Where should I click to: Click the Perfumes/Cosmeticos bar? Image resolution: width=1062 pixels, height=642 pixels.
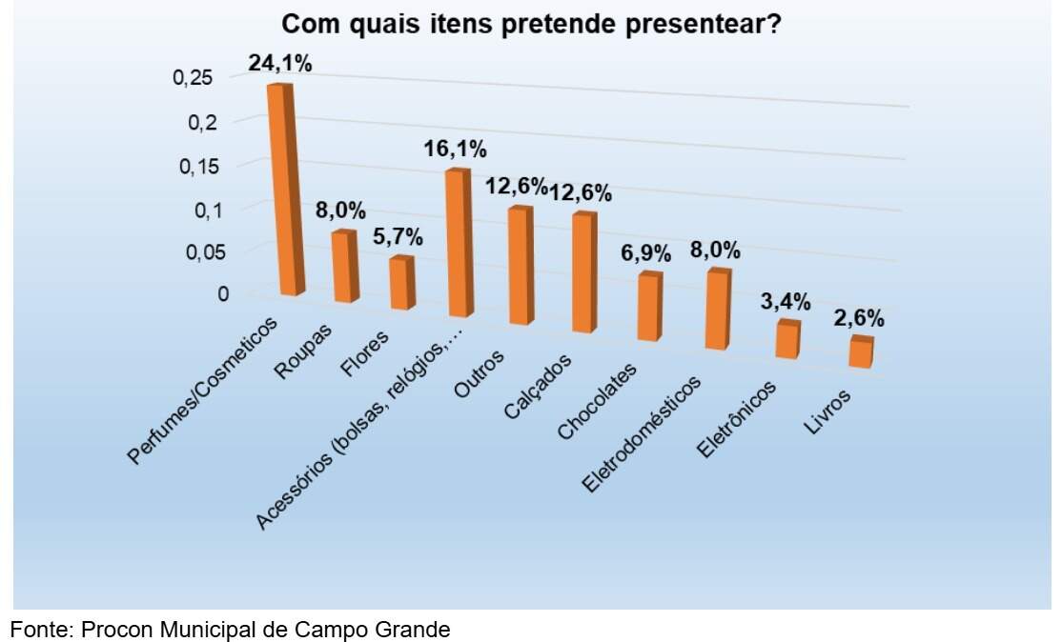coord(282,190)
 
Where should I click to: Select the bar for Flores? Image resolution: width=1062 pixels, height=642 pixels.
coord(401,283)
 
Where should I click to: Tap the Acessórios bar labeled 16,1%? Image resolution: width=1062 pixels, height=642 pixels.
coord(459,242)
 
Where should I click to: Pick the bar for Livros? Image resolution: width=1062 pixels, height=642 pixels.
coord(862,351)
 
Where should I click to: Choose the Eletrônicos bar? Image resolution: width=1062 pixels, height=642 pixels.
coord(788,339)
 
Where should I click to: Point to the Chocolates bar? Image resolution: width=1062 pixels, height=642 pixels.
coord(650,307)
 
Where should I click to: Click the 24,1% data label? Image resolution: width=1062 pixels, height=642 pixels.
coord(279,63)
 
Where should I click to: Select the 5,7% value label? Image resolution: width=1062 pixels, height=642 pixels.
coord(398,237)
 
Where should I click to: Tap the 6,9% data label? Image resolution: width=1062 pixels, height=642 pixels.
coord(646,253)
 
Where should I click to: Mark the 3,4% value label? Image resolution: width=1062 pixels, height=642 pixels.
coord(786,301)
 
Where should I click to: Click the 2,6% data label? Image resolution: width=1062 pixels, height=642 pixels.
coord(859,318)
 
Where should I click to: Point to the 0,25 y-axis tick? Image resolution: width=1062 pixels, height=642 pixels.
coord(193,78)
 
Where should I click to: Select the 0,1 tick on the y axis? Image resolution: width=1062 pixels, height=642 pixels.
coord(207,211)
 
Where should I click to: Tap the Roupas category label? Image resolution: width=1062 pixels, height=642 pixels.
coord(304,351)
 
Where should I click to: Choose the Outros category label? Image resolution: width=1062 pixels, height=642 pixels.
coord(480,374)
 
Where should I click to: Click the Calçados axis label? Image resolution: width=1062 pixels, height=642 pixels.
coord(539,387)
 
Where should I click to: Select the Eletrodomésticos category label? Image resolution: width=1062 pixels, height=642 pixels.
coord(643,435)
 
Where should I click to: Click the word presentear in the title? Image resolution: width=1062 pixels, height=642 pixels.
coord(703,25)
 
